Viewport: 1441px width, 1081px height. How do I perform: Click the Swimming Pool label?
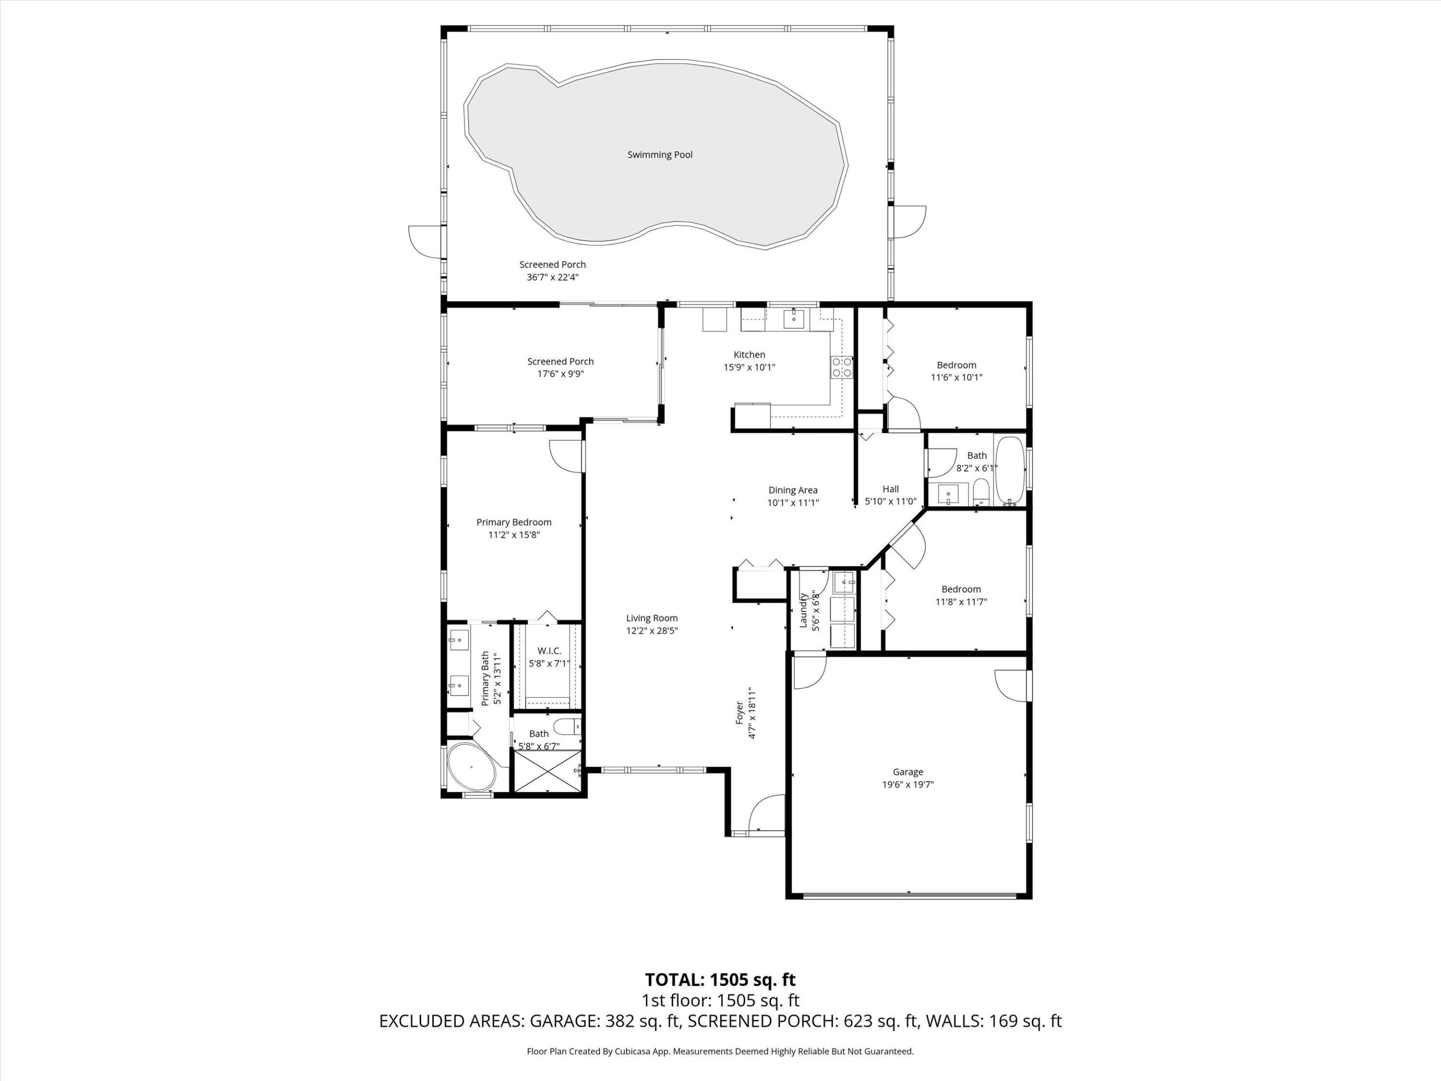click(x=659, y=155)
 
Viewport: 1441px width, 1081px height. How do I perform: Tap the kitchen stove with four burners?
click(x=841, y=367)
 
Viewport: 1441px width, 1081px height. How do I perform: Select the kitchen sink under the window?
click(x=794, y=319)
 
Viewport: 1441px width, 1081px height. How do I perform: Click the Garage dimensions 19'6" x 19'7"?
click(x=908, y=785)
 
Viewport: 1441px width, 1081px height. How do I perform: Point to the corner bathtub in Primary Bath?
click(x=470, y=766)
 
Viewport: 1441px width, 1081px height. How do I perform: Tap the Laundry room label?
click(x=803, y=611)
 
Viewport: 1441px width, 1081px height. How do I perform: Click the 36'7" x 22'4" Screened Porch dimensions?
click(x=552, y=277)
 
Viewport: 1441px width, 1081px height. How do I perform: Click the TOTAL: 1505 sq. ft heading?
click(x=720, y=980)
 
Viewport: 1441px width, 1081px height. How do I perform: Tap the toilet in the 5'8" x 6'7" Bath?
click(x=565, y=726)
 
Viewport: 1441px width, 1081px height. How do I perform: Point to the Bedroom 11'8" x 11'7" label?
click(x=961, y=590)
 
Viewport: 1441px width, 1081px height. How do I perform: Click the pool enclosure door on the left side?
click(x=424, y=242)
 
